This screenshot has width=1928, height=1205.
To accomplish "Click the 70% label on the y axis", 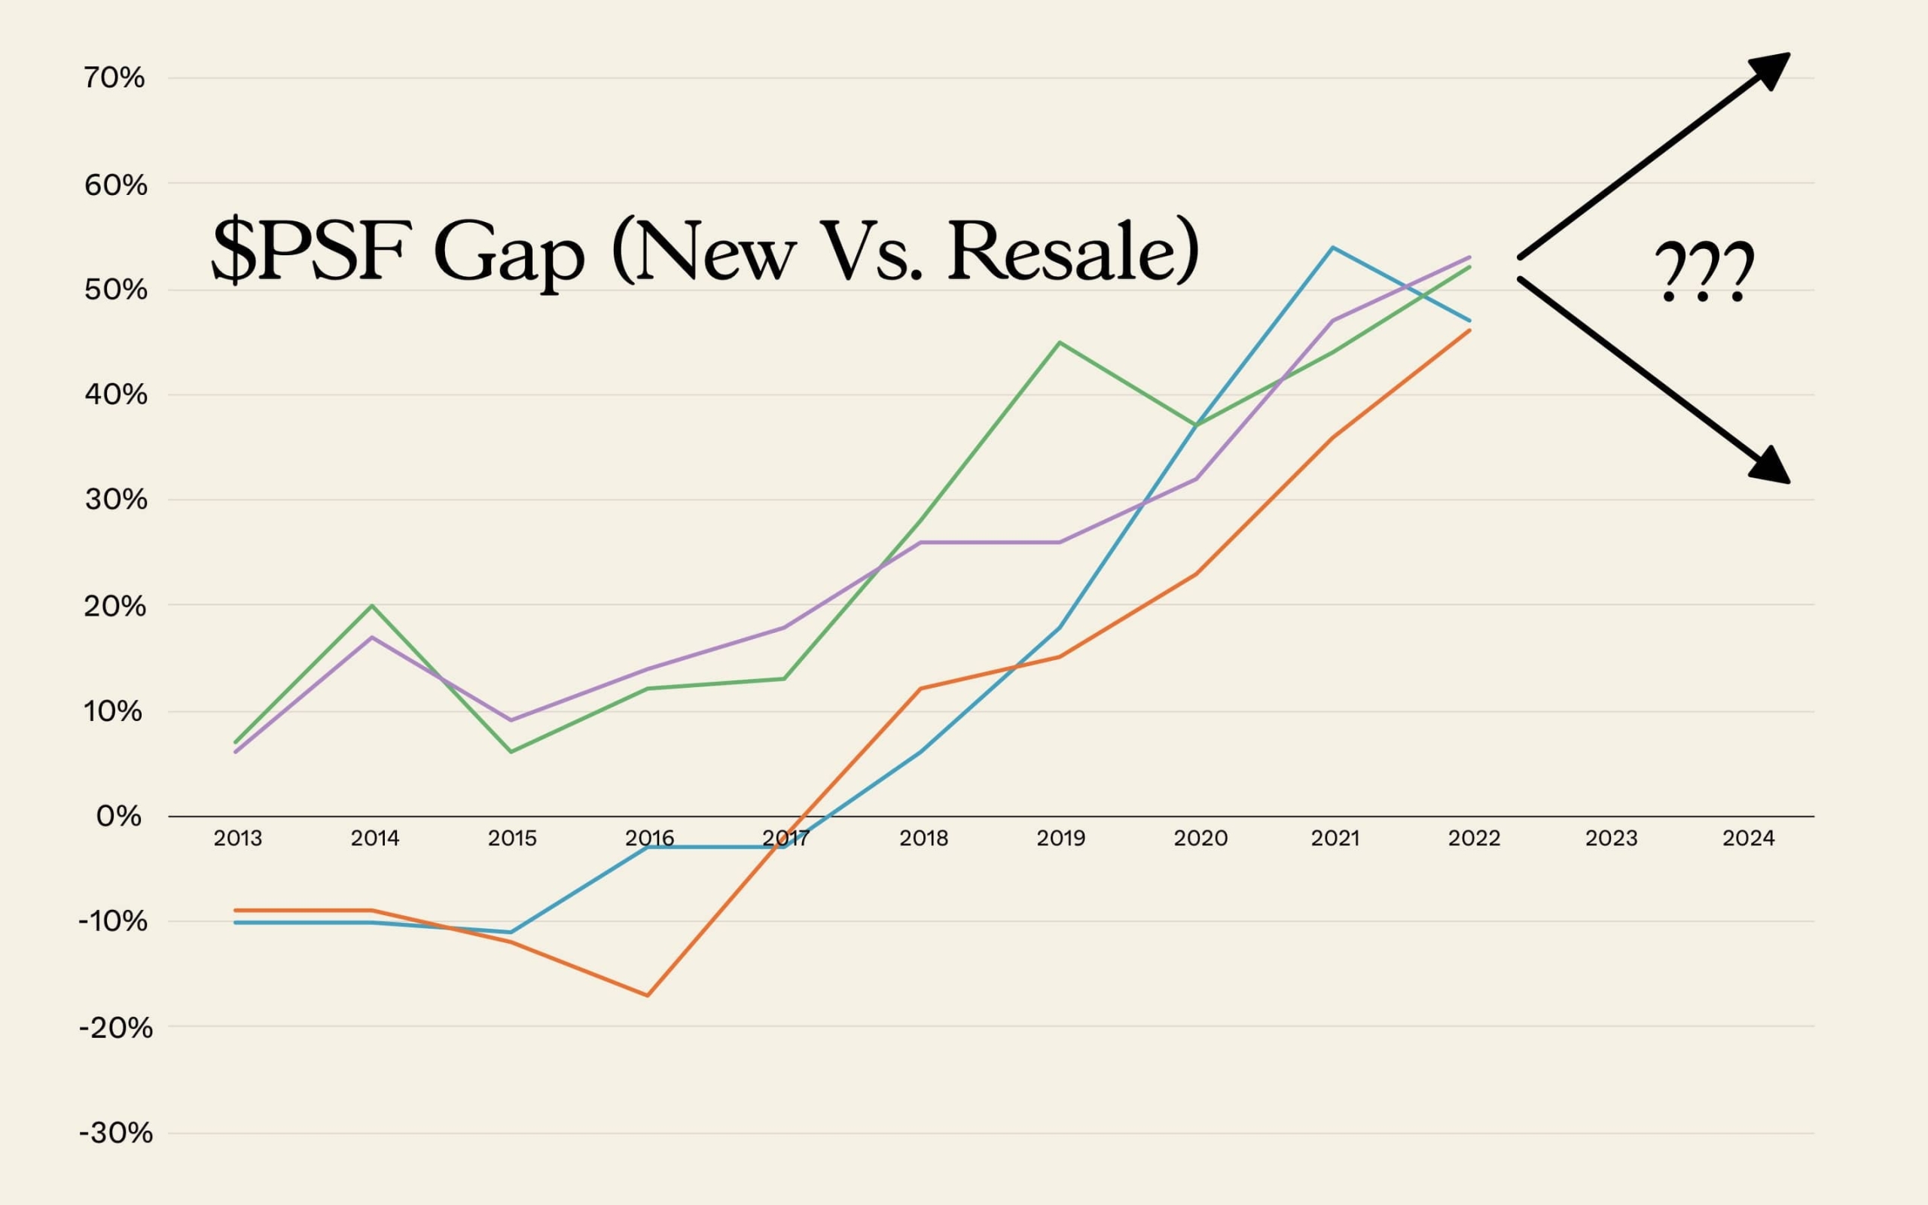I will (114, 78).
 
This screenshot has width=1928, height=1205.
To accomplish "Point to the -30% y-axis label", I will (116, 1133).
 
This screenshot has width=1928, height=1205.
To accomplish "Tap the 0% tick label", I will (119, 816).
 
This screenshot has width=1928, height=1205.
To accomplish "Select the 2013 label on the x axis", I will (238, 838).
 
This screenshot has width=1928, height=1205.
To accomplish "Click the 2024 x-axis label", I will (1748, 838).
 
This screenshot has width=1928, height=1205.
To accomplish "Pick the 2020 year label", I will (1200, 838).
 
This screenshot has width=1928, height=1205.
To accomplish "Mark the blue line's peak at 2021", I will (1332, 248).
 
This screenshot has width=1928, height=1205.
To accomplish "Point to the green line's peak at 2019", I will (1059, 342).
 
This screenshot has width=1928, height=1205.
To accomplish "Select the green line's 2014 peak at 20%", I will (372, 606).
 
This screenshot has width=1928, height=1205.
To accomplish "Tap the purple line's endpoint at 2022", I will (1469, 257).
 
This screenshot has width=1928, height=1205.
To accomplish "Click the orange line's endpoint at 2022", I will (1469, 330).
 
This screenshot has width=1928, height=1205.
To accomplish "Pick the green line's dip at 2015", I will (511, 752).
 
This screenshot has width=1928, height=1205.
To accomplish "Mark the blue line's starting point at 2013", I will (236, 922).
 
